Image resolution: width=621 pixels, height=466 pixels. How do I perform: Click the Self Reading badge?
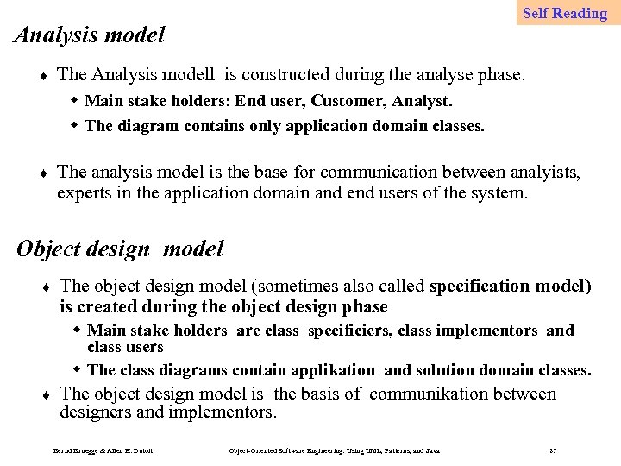pyautogui.click(x=565, y=13)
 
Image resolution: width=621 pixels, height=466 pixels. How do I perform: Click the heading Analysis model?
pyautogui.click(x=91, y=35)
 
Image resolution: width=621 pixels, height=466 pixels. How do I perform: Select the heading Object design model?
pyautogui.click(x=120, y=249)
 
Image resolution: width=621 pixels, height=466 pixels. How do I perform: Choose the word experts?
pyautogui.click(x=83, y=192)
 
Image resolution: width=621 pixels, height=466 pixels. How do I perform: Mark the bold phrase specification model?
pyautogui.click(x=510, y=286)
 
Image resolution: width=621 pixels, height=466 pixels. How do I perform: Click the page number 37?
pyautogui.click(x=552, y=451)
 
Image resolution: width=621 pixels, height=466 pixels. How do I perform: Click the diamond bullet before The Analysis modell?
pyautogui.click(x=44, y=76)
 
